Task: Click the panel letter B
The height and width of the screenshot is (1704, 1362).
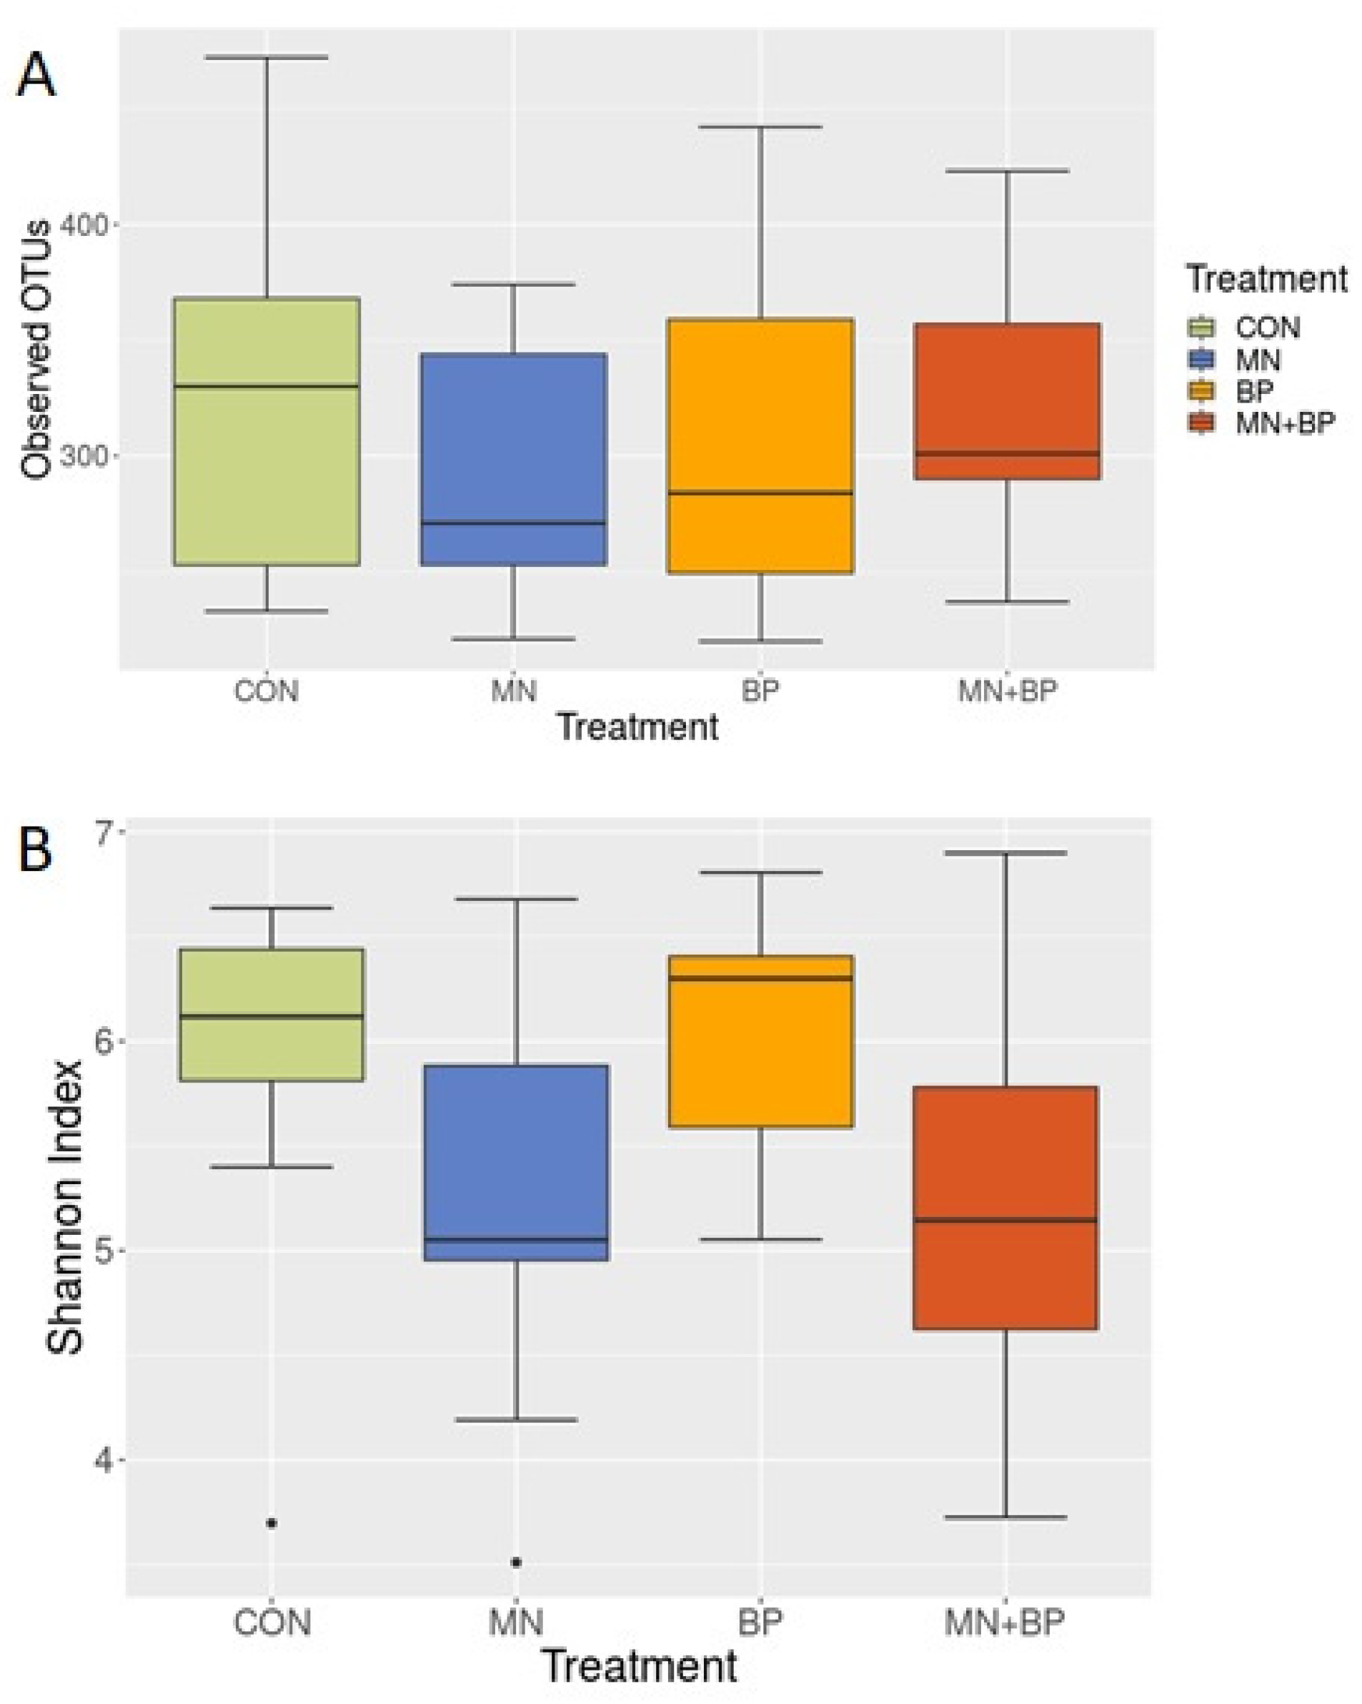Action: (x=36, y=849)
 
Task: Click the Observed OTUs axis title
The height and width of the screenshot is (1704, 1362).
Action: (x=36, y=350)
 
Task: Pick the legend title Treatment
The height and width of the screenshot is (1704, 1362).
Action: (x=1266, y=280)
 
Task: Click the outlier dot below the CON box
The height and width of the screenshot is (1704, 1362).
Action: (x=271, y=1523)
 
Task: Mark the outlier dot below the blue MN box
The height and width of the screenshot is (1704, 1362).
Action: (x=517, y=1562)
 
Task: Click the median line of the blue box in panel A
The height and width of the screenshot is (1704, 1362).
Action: (x=514, y=523)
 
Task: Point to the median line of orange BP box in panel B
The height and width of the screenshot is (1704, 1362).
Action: (x=760, y=977)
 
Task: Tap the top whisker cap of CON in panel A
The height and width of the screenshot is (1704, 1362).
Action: (x=267, y=57)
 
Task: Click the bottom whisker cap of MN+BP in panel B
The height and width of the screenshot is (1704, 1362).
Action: (x=1005, y=1517)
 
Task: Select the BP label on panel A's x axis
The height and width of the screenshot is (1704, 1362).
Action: (x=760, y=691)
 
